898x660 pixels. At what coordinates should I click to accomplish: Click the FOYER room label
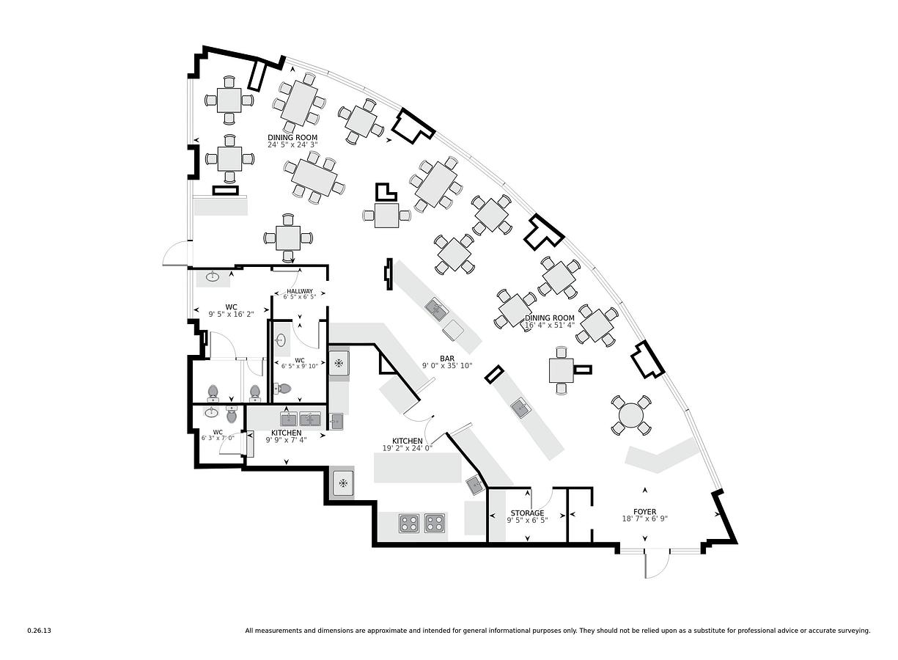click(x=644, y=512)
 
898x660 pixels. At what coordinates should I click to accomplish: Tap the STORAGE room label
click(x=527, y=513)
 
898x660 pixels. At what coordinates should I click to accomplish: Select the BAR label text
click(x=447, y=359)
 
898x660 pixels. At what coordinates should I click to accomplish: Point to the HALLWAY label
click(x=300, y=291)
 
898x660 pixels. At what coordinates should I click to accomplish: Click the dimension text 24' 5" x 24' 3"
click(x=292, y=144)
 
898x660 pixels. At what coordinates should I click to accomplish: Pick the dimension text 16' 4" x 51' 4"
click(x=550, y=325)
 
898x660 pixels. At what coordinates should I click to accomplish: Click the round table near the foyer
click(x=630, y=415)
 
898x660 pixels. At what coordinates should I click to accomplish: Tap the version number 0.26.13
click(x=40, y=631)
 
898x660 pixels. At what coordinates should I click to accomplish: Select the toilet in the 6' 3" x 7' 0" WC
click(x=232, y=414)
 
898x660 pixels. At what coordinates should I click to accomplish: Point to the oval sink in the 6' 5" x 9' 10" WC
click(x=281, y=340)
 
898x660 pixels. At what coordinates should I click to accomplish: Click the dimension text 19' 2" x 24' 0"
click(x=408, y=448)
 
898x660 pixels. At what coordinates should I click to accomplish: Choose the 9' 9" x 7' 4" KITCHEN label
click(x=286, y=433)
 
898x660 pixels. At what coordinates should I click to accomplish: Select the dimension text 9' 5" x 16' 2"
click(x=232, y=315)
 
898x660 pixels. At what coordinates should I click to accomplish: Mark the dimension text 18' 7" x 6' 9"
click(x=644, y=519)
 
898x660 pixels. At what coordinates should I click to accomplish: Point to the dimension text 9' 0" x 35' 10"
click(x=447, y=366)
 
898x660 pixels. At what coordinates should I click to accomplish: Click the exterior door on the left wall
click(x=177, y=254)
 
